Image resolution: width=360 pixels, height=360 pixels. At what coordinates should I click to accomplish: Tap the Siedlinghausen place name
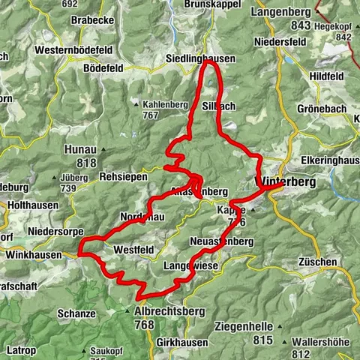(200, 58)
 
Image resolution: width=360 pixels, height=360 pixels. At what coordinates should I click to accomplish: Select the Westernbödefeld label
(72, 50)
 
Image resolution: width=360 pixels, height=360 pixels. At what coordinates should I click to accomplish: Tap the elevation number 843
(301, 26)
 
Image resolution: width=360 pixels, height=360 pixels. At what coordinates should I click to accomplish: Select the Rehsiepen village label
(124, 177)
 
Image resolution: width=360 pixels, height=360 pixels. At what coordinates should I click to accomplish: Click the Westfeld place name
(135, 249)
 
